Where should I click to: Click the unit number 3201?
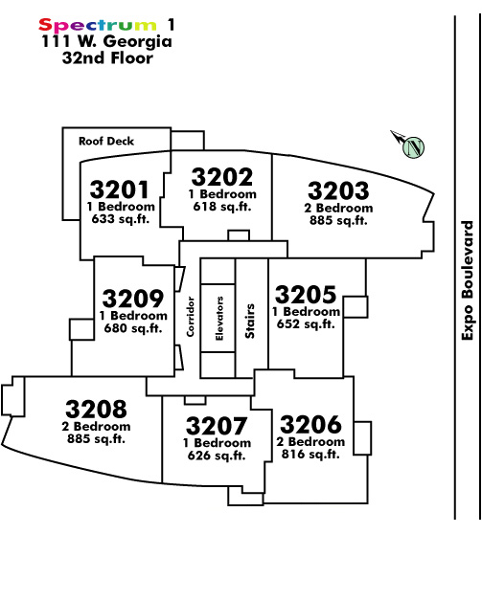point(120,189)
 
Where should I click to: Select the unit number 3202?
point(222,177)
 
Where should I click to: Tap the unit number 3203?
point(338,190)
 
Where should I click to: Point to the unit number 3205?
point(306,295)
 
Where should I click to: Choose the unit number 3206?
point(310,424)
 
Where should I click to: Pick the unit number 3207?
point(217,426)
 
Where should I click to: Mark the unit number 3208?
point(96,409)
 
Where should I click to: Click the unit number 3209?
point(133,299)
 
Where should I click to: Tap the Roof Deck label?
point(106,141)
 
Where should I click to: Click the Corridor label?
point(191,317)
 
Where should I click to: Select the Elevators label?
point(219,319)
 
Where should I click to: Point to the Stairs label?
point(250,322)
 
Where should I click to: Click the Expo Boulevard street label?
point(468,280)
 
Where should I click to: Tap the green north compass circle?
point(414,146)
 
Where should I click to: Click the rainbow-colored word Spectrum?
point(98,25)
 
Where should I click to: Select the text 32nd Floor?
point(108,57)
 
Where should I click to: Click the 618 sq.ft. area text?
point(222,207)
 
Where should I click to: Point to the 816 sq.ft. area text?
point(310,455)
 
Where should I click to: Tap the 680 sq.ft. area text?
point(133,328)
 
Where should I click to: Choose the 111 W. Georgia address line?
point(106,41)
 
